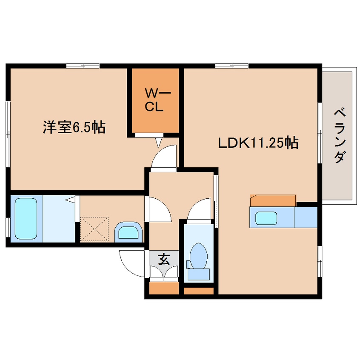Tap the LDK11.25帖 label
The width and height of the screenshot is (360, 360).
click(x=258, y=143)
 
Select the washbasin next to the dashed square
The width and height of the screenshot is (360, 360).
click(x=128, y=232)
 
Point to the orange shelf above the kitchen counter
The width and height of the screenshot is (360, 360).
click(x=273, y=200)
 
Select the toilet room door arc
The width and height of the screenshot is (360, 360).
click(x=199, y=209)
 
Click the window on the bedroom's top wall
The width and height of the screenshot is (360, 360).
click(x=83, y=66)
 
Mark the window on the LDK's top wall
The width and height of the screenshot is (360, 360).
click(x=231, y=66)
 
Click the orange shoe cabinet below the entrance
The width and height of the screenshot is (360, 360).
click(x=164, y=289)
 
